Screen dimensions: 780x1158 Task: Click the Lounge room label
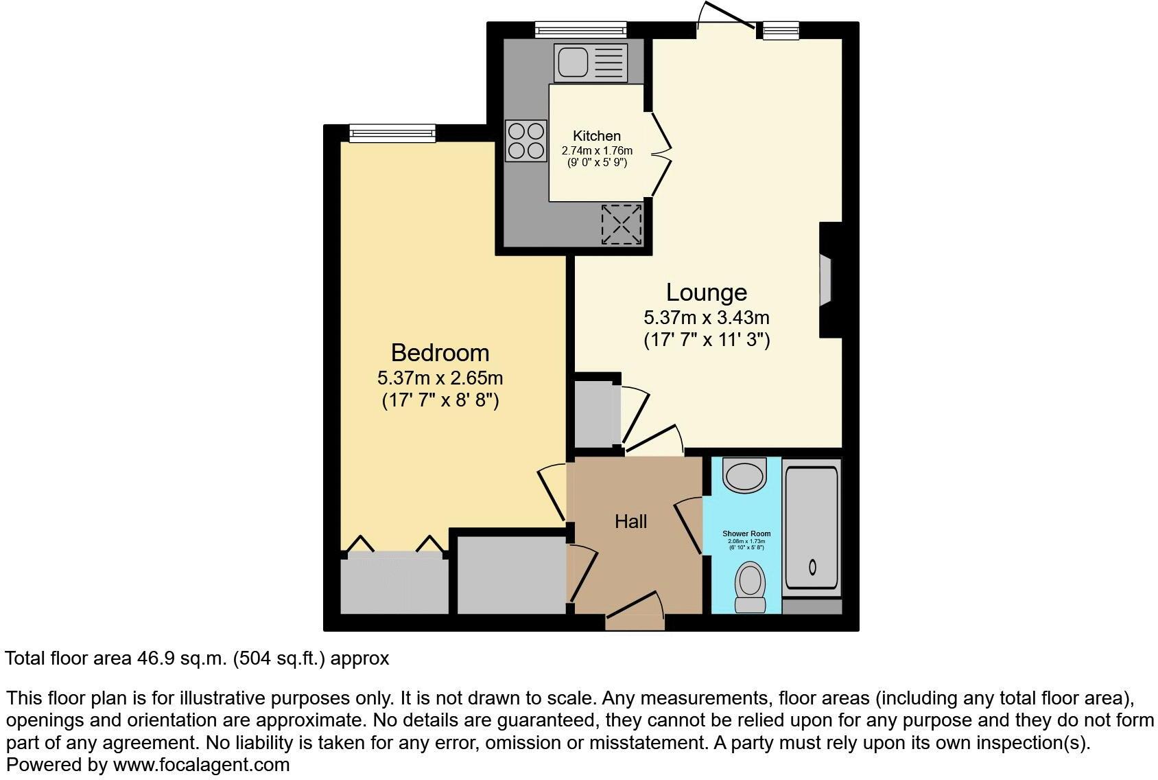click(706, 292)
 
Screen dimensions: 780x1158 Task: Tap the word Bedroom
click(440, 353)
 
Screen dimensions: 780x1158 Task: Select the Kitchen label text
click(597, 136)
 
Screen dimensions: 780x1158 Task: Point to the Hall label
click(630, 522)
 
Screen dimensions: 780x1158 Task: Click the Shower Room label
click(746, 534)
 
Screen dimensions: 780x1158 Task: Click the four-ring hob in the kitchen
click(526, 141)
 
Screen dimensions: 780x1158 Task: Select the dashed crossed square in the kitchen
click(622, 224)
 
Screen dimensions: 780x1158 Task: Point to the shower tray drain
click(813, 568)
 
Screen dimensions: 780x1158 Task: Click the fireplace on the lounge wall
click(825, 279)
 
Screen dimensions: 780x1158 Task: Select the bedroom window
click(392, 133)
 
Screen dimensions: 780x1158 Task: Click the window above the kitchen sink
click(580, 30)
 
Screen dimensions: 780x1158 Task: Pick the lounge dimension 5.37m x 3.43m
click(706, 318)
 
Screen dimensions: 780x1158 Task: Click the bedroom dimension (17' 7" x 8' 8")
click(440, 400)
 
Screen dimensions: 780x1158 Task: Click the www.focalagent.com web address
click(201, 764)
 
